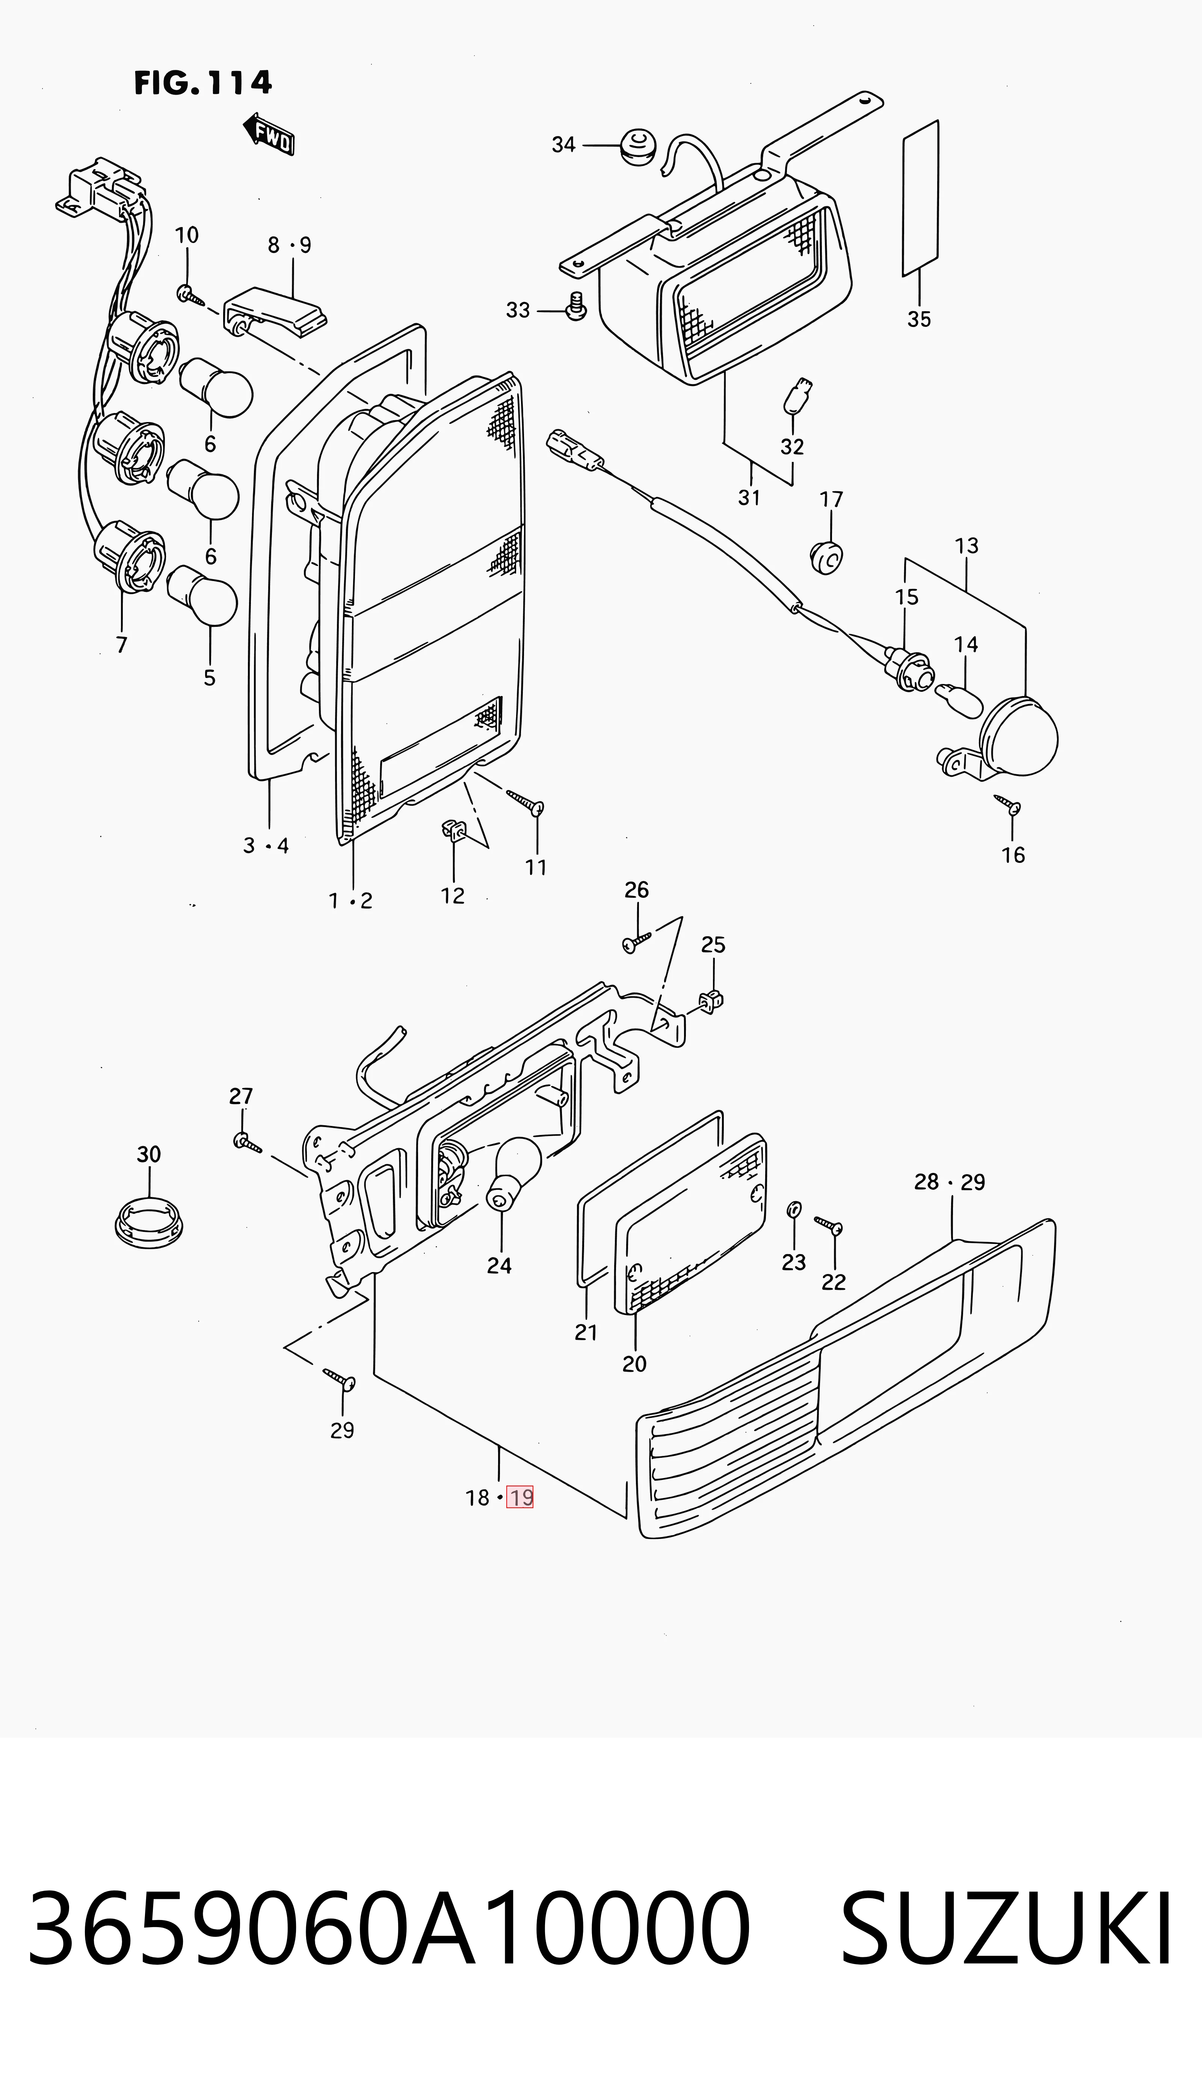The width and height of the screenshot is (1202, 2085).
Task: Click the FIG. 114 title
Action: (203, 83)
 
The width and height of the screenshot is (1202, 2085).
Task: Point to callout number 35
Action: (919, 319)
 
